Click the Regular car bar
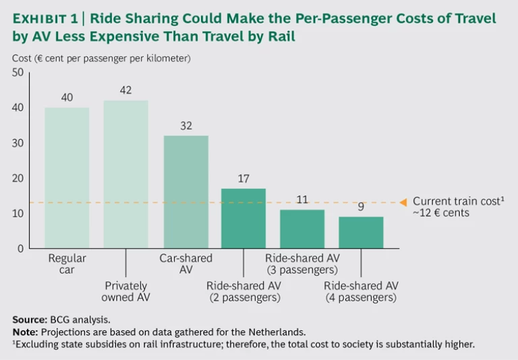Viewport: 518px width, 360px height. point(67,178)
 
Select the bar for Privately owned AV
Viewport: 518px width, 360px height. point(125,175)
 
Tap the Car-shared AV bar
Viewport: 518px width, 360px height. point(185,192)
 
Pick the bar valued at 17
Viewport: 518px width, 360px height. point(243,218)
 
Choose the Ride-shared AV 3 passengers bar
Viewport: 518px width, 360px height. point(302,229)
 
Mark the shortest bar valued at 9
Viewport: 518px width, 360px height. point(361,233)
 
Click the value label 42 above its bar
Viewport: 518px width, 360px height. point(125,90)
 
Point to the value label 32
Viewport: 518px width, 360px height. point(185,125)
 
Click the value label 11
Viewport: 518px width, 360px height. point(302,200)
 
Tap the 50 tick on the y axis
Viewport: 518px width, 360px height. point(18,73)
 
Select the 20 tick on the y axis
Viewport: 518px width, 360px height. point(18,179)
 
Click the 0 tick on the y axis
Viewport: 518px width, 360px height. point(21,249)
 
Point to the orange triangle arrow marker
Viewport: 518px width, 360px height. point(403,202)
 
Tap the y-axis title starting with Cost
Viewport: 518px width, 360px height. point(101,59)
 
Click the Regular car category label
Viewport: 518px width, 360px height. point(67,264)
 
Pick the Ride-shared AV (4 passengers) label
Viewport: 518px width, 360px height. point(360,291)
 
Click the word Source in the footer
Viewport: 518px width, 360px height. point(28,319)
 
